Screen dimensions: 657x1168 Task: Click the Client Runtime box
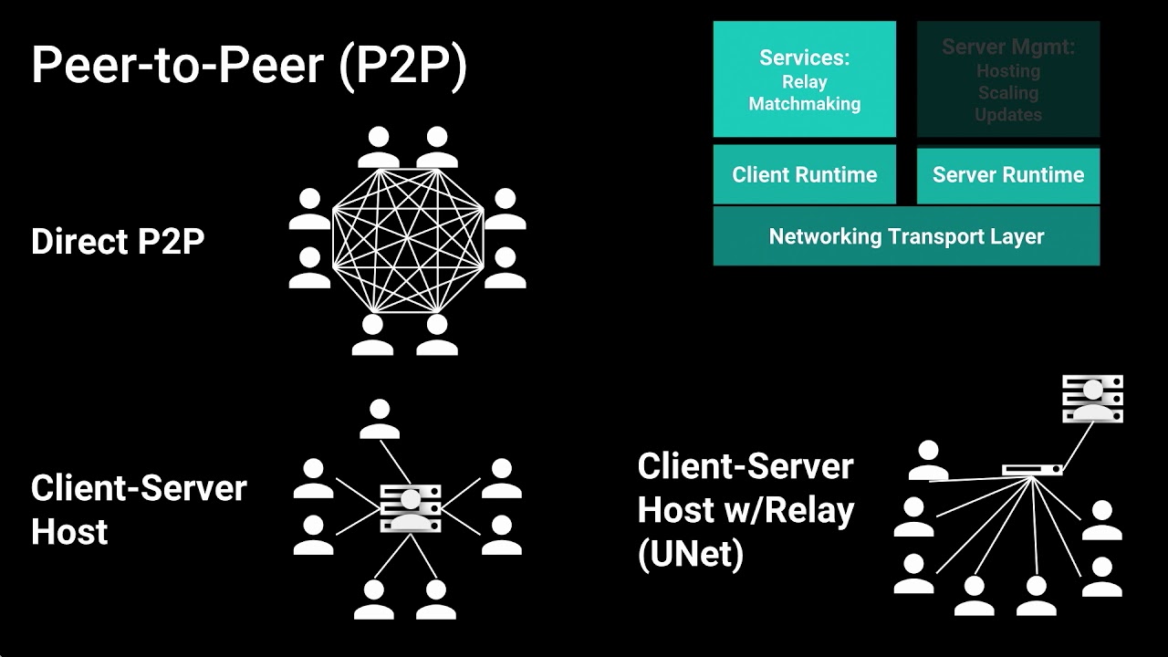pyautogui.click(x=804, y=174)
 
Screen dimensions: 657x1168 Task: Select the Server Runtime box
pyautogui.click(x=1007, y=174)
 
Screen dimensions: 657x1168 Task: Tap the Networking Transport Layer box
pyautogui.click(x=906, y=236)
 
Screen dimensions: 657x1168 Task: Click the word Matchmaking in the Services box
pyautogui.click(x=804, y=104)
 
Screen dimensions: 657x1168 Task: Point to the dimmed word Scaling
pyautogui.click(x=1007, y=93)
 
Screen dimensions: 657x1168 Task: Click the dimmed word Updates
pyautogui.click(x=1007, y=115)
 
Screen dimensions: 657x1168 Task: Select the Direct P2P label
pyautogui.click(x=117, y=242)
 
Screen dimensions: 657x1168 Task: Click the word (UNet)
pyautogui.click(x=690, y=554)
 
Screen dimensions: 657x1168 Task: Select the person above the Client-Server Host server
pyautogui.click(x=380, y=419)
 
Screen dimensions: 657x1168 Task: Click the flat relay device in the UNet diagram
pyautogui.click(x=1032, y=470)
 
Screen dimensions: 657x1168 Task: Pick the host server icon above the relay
pyautogui.click(x=1092, y=399)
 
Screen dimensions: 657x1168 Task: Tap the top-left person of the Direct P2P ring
pyautogui.click(x=378, y=149)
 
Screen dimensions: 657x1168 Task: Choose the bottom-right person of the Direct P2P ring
pyautogui.click(x=436, y=336)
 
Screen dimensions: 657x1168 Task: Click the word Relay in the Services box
pyautogui.click(x=804, y=82)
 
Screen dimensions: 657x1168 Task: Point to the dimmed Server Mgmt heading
pyautogui.click(x=1007, y=47)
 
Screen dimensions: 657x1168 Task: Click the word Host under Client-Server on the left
pyautogui.click(x=69, y=532)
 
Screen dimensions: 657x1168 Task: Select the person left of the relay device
pyautogui.click(x=928, y=461)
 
